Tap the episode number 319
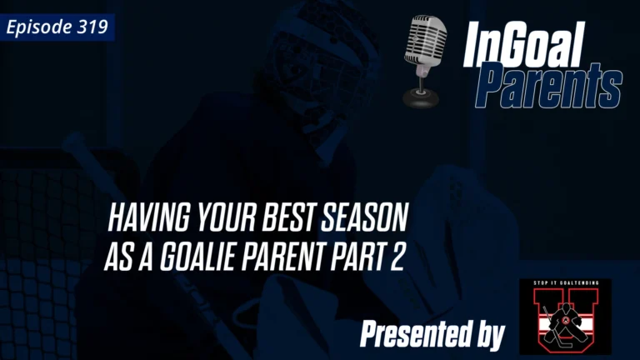click(94, 27)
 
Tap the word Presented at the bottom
click(413, 335)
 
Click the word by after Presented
click(488, 335)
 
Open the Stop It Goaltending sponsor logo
click(564, 317)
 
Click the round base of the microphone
click(423, 99)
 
